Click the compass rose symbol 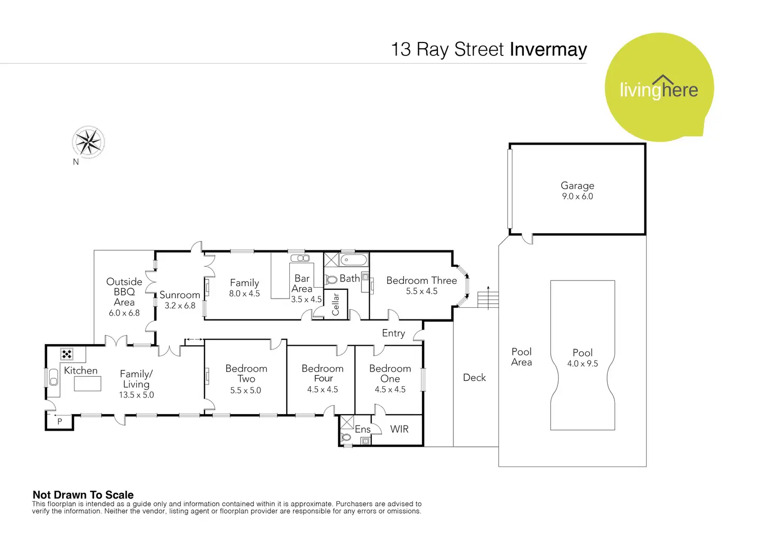point(89,141)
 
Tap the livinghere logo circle point(659,88)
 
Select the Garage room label point(577,186)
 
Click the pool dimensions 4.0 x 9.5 point(582,364)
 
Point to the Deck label point(474,377)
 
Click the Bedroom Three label point(421,280)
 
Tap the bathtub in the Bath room point(354,260)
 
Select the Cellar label point(335,304)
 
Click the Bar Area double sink point(300,258)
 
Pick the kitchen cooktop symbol point(67,354)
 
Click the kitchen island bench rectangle point(87,384)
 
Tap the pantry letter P point(60,422)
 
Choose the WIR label point(399,429)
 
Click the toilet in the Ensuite point(346,437)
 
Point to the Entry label point(393,333)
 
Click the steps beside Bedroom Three point(487,300)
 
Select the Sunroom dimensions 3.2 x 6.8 point(180,306)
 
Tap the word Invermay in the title point(548,49)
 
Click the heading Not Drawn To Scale point(83,494)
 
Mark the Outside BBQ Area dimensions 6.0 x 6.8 point(124,313)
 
